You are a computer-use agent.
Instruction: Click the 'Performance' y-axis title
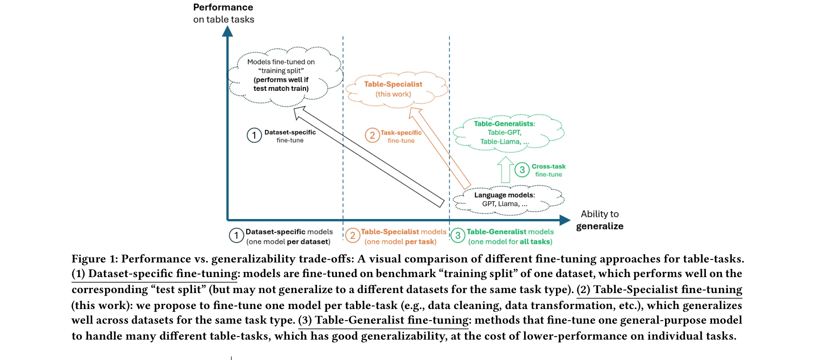[223, 8]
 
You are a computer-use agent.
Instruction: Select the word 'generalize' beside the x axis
[599, 226]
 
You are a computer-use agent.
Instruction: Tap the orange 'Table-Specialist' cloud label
[393, 84]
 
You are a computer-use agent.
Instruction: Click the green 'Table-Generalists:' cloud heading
[504, 124]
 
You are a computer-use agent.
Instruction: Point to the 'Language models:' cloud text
[504, 195]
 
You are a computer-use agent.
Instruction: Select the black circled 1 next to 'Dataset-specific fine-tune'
[254, 135]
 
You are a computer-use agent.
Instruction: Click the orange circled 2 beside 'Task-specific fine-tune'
[372, 135]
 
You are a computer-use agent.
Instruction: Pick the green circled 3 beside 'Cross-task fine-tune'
[522, 170]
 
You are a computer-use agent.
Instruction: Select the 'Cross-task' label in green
[548, 166]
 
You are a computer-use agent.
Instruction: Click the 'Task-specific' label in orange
[401, 133]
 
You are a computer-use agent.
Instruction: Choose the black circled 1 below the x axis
[236, 235]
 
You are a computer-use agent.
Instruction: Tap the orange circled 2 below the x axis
[352, 235]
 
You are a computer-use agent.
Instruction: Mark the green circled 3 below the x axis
[458, 235]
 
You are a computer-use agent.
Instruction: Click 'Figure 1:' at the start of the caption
[94, 259]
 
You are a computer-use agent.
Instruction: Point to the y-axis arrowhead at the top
[227, 31]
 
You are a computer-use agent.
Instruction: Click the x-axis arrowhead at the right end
[565, 220]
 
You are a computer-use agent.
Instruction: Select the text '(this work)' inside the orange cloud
[393, 94]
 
